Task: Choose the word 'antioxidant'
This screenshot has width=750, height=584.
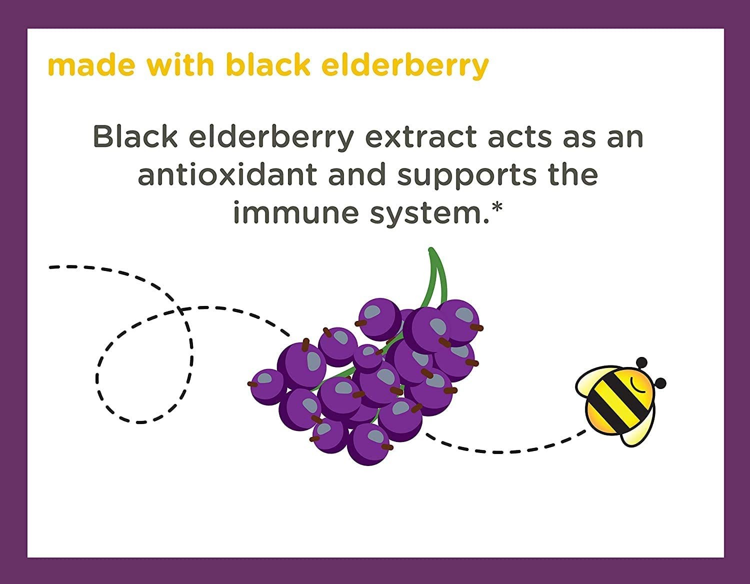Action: (227, 174)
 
